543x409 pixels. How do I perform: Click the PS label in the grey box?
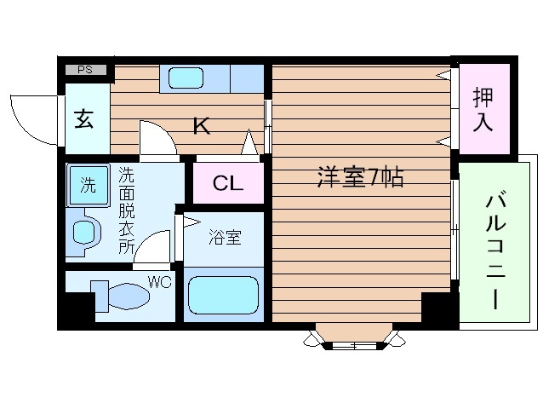85,70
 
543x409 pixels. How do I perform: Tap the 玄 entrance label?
84,118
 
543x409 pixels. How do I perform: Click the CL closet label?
227,183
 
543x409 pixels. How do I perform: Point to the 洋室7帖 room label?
360,178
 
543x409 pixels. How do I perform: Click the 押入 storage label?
483,109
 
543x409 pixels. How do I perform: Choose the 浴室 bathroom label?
224,238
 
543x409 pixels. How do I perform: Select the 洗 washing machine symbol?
89,185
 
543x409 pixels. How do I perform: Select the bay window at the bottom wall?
353,337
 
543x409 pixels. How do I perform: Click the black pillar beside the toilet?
78,308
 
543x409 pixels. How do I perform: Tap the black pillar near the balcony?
438,308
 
